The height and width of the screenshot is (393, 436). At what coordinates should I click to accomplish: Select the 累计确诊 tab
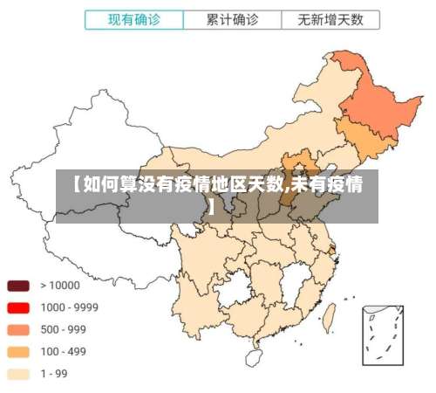[x=232, y=18]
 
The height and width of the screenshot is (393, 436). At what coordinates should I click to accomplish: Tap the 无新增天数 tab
[x=330, y=18]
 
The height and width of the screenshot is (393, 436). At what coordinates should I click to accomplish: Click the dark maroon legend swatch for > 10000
[x=18, y=286]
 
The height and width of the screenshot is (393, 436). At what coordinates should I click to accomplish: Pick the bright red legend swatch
[x=18, y=307]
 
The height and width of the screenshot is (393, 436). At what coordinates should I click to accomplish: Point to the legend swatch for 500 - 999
[x=18, y=330]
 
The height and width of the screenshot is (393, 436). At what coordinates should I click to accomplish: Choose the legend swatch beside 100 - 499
[x=18, y=352]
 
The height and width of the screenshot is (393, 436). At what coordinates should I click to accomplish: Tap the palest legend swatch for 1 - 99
[x=18, y=374]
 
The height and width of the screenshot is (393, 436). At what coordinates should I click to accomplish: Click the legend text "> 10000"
[x=59, y=286]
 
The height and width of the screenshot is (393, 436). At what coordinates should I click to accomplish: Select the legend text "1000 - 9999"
[x=69, y=307]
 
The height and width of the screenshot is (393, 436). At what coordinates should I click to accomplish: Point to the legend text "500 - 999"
[x=64, y=330]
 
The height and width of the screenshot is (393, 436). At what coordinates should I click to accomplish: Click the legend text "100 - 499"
[x=64, y=352]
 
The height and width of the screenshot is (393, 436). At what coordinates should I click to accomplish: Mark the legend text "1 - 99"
[x=55, y=374]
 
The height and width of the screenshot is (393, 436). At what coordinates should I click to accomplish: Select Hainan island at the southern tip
[x=254, y=357]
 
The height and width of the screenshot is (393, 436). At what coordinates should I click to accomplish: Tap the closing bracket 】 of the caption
[x=212, y=208]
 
